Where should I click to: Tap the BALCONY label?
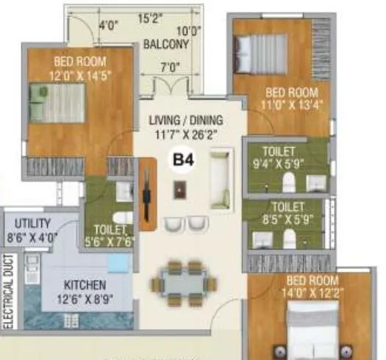pos(167,44)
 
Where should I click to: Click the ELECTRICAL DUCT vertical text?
pos(10,290)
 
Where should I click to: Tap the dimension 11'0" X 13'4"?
pos(292,105)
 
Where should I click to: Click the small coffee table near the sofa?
pos(179,190)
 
